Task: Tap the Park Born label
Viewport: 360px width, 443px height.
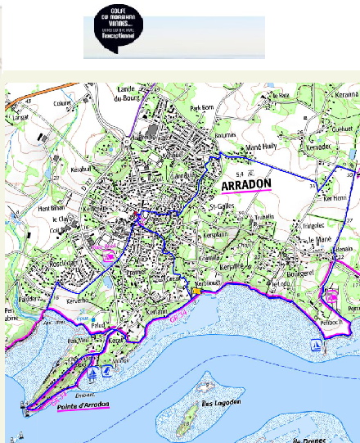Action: (200, 107)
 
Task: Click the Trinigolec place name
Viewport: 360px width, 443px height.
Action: (314, 224)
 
